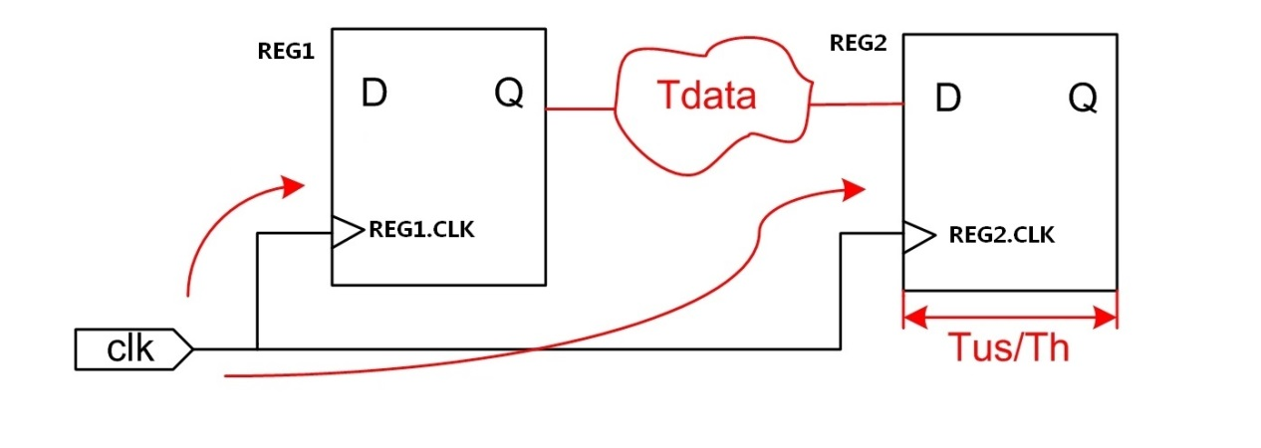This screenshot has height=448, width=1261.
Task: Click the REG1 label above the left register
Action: (286, 52)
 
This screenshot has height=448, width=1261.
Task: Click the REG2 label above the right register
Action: (858, 44)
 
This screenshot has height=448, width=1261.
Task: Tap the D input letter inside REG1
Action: (375, 94)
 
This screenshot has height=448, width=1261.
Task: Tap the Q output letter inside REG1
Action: (506, 95)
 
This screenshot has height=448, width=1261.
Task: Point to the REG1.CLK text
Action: (421, 231)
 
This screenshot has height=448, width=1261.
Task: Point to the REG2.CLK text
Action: (1001, 236)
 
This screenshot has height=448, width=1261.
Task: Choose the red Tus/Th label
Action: (1008, 348)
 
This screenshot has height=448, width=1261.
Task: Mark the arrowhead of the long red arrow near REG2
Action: (854, 188)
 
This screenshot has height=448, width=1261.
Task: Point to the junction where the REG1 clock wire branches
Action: (257, 349)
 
